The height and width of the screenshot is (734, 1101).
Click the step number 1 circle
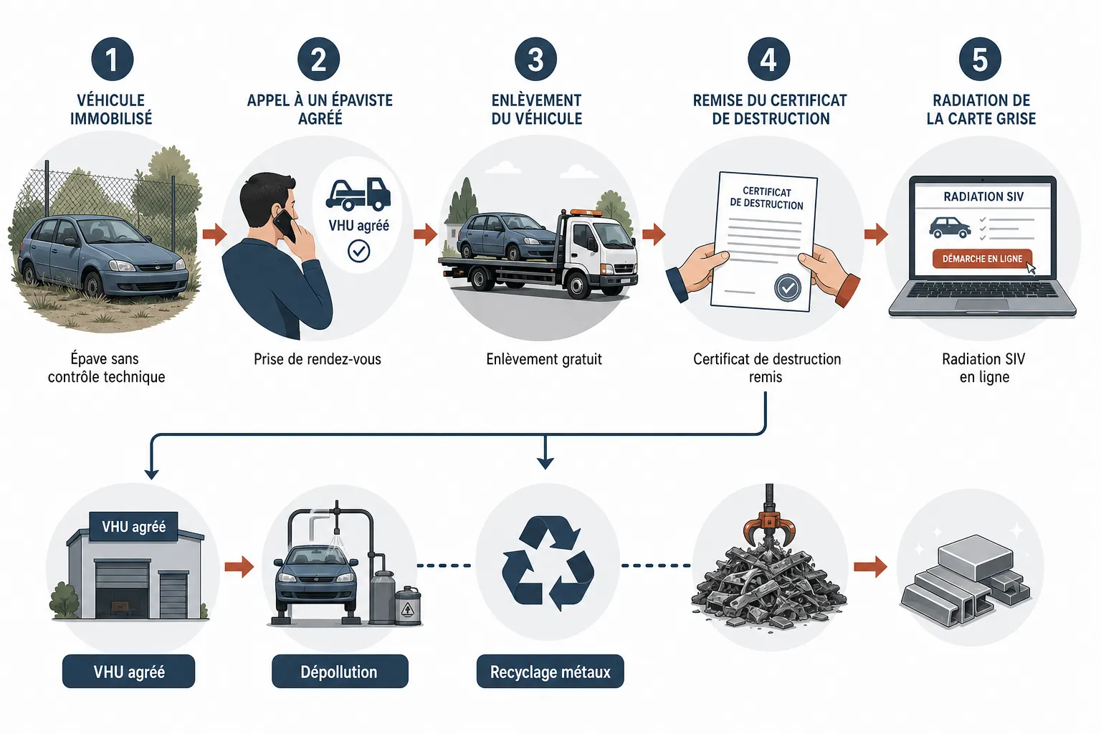tap(112, 59)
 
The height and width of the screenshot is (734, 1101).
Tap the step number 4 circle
tap(768, 59)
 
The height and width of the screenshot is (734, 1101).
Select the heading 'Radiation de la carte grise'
tap(981, 109)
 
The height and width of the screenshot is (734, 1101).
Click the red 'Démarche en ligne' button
tap(982, 259)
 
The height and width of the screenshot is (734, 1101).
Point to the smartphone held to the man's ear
tap(286, 224)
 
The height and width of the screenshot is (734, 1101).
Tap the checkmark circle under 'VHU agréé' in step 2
tap(359, 251)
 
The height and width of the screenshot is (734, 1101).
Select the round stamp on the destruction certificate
tap(788, 287)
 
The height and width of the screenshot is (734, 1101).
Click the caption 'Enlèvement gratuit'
tap(544, 359)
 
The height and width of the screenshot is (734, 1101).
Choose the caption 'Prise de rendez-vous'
tap(318, 359)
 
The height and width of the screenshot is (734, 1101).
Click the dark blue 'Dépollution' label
tap(340, 671)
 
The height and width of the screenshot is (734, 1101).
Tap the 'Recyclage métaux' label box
tap(550, 671)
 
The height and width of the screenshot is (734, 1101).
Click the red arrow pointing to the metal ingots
tap(870, 566)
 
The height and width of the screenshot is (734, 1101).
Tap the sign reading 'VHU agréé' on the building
tap(134, 527)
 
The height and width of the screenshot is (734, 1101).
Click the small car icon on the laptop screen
tap(950, 228)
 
